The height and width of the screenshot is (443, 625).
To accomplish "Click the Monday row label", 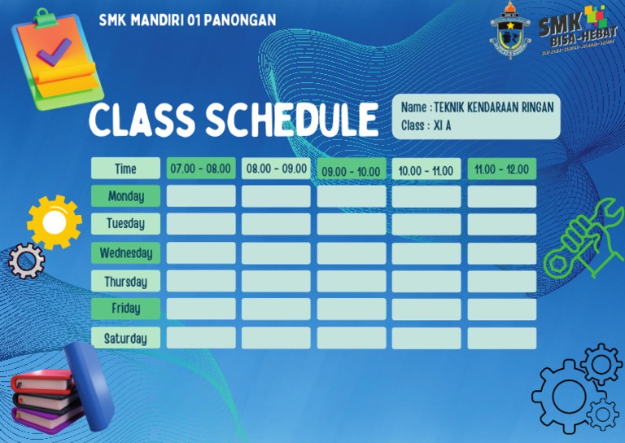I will (125, 196).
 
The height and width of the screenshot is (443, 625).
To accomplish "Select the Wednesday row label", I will (125, 253).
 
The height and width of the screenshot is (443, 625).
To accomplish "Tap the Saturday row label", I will (125, 338).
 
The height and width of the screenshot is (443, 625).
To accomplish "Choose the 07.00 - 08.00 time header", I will (201, 169).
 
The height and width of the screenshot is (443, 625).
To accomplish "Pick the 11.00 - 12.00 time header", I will (501, 169).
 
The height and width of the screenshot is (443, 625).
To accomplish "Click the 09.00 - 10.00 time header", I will (351, 171).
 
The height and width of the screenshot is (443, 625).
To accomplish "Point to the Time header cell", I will (125, 169).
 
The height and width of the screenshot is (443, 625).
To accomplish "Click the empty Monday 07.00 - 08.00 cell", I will (201, 196).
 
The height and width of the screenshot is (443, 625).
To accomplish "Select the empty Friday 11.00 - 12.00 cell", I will (501, 309).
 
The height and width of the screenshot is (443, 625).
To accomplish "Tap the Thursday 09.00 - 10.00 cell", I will (351, 281).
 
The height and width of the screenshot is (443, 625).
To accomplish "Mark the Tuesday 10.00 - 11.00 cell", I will (426, 224).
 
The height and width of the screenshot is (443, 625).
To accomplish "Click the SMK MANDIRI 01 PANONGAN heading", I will (187, 20).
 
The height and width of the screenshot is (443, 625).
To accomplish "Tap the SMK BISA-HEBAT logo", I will (573, 29).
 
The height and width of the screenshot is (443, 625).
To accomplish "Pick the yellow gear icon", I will (54, 221).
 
